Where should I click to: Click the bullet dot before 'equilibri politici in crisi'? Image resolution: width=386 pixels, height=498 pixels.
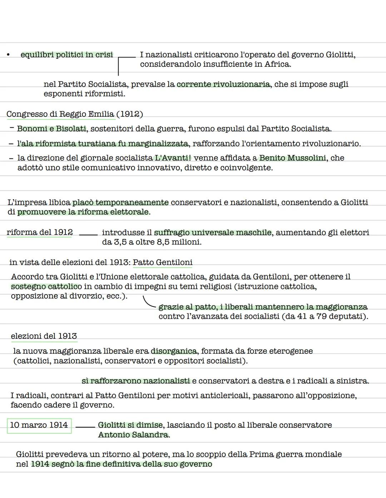(8, 55)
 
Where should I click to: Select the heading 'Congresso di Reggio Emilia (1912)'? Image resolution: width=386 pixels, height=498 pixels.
(75, 114)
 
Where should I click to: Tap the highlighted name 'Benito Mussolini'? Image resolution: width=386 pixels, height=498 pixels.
(292, 158)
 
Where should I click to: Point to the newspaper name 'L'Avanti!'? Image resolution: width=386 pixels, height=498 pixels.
(173, 158)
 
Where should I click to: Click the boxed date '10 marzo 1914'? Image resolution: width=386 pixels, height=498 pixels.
(39, 425)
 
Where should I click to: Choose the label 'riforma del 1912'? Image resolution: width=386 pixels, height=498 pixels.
(39, 232)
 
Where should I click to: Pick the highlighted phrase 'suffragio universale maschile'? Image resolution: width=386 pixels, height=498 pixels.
(213, 233)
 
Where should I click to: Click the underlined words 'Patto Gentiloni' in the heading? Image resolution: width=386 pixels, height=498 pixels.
(163, 262)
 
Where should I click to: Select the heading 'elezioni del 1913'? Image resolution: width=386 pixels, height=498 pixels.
(44, 336)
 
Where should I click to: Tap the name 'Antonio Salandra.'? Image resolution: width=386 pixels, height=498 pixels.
(134, 435)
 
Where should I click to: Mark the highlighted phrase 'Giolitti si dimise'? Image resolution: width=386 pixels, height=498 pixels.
(130, 425)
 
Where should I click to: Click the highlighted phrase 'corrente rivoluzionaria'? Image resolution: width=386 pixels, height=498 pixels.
(223, 84)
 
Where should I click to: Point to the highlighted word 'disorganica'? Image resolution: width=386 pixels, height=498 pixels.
(174, 351)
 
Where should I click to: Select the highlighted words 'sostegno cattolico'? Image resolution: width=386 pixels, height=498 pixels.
(46, 286)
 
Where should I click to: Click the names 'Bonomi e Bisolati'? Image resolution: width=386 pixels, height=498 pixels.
(51, 129)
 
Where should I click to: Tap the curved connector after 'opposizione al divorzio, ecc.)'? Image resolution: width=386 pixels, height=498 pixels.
(149, 302)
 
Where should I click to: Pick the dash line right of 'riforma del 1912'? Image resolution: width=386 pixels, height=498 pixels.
(88, 235)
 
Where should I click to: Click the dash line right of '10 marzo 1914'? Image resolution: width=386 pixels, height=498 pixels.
(85, 427)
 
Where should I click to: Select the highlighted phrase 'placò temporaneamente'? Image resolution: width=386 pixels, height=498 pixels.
(120, 202)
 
